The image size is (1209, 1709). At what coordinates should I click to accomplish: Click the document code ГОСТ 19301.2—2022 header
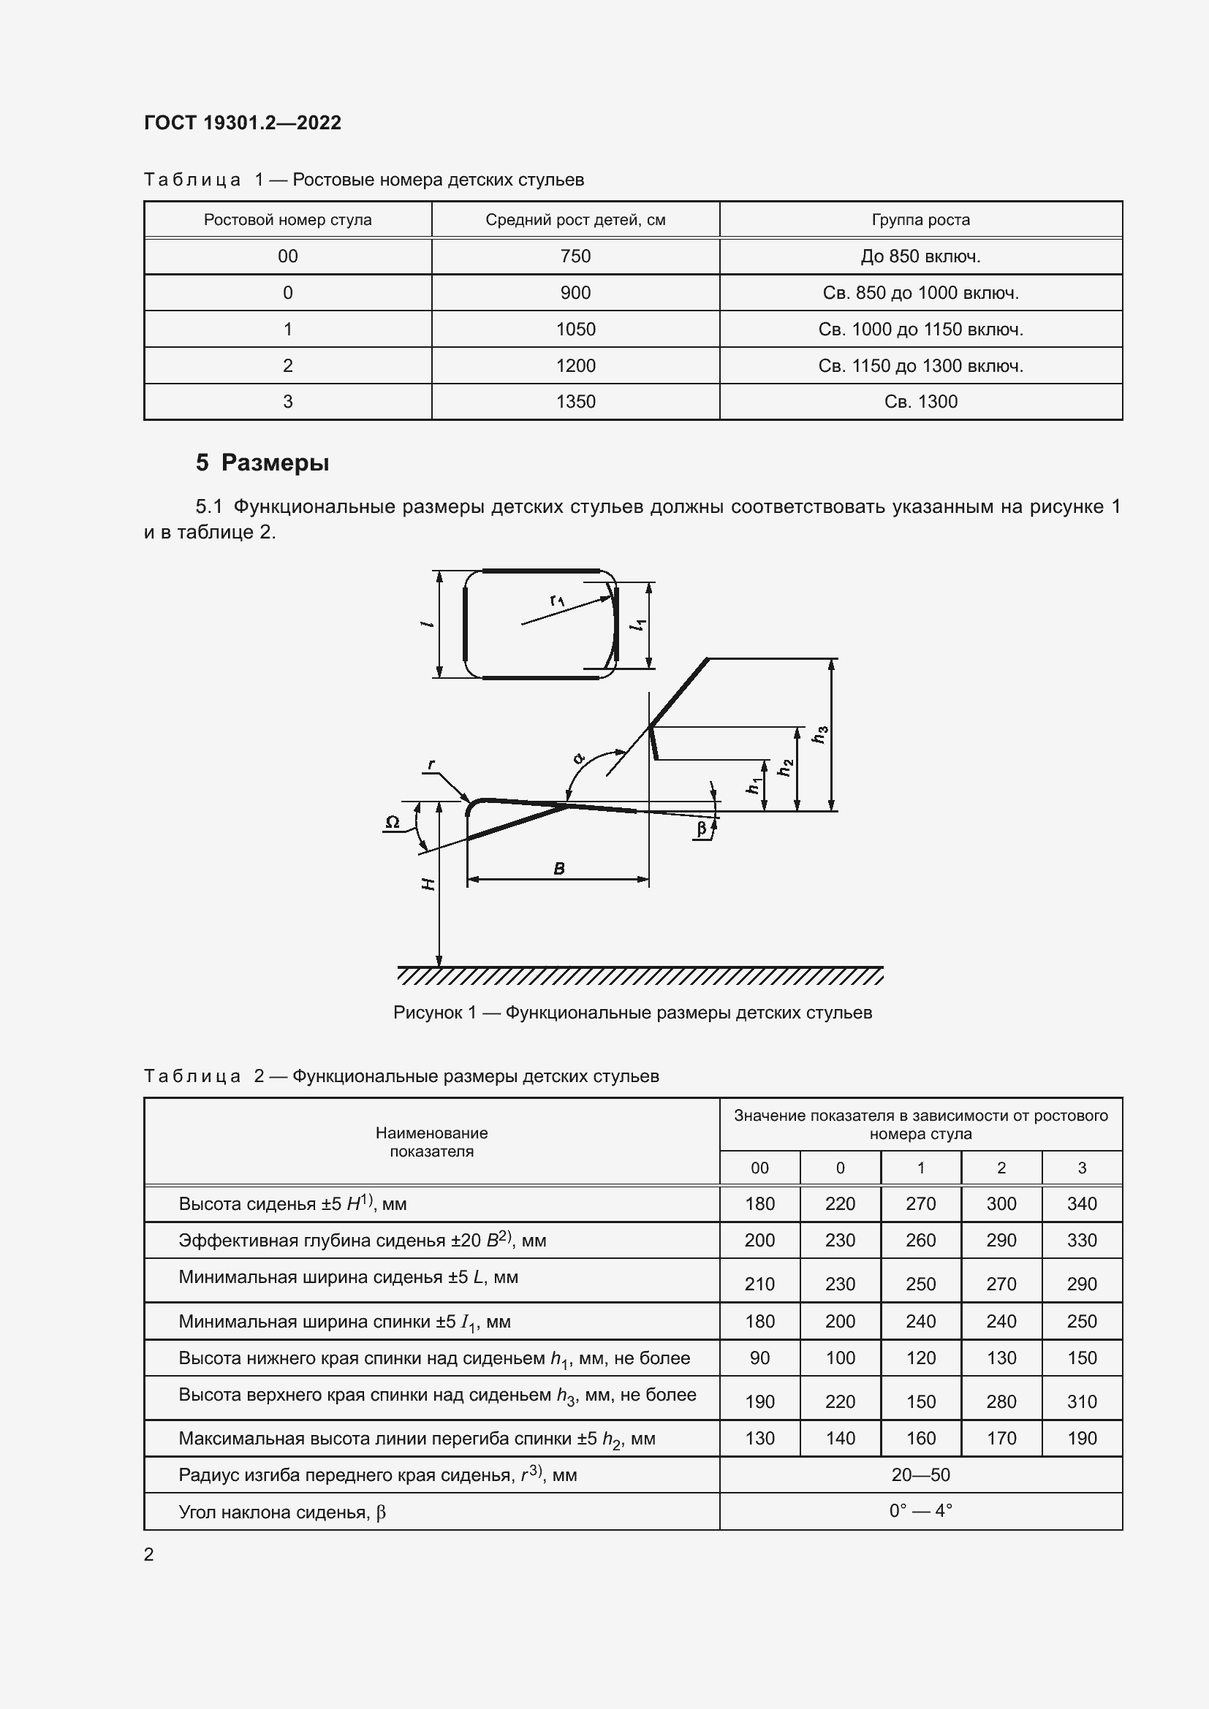pyautogui.click(x=243, y=123)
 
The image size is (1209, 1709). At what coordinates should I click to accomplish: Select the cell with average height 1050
pyautogui.click(x=575, y=329)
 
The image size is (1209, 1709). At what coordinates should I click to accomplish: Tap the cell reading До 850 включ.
pyautogui.click(x=920, y=256)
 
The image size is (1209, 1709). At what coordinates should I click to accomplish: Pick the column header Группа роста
pyautogui.click(x=920, y=221)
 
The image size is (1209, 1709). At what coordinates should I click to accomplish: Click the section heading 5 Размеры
pyautogui.click(x=262, y=463)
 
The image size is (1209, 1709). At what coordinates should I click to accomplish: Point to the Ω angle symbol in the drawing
pyautogui.click(x=393, y=823)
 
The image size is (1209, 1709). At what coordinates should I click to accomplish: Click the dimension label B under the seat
pyautogui.click(x=559, y=869)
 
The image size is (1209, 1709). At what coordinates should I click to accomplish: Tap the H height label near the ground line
pyautogui.click(x=428, y=884)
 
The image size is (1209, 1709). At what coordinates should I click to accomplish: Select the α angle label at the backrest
pyautogui.click(x=578, y=758)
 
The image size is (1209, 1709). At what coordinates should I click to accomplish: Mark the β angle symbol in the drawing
pyautogui.click(x=701, y=829)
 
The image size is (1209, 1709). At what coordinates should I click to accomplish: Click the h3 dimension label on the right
pyautogui.click(x=820, y=734)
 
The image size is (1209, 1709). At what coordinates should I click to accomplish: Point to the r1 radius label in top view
pyautogui.click(x=557, y=600)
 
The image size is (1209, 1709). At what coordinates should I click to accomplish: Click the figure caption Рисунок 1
pyautogui.click(x=632, y=1013)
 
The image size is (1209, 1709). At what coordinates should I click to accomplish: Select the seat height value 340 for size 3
pyautogui.click(x=1081, y=1204)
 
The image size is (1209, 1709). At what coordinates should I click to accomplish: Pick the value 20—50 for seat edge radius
pyautogui.click(x=920, y=1475)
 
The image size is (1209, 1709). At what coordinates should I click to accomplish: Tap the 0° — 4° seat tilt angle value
pyautogui.click(x=920, y=1511)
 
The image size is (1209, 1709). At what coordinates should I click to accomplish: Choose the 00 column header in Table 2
pyautogui.click(x=759, y=1168)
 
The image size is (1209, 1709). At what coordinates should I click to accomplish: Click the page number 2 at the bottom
pyautogui.click(x=149, y=1554)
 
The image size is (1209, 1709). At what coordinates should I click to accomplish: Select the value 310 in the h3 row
pyautogui.click(x=1081, y=1402)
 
